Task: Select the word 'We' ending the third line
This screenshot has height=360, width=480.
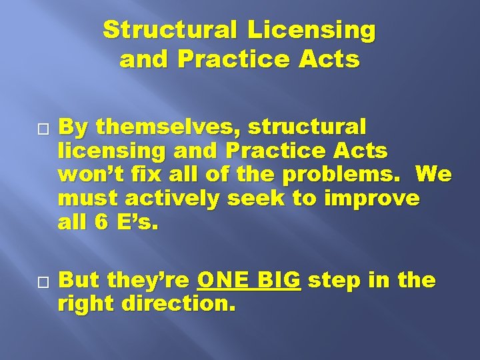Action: [x=434, y=175]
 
